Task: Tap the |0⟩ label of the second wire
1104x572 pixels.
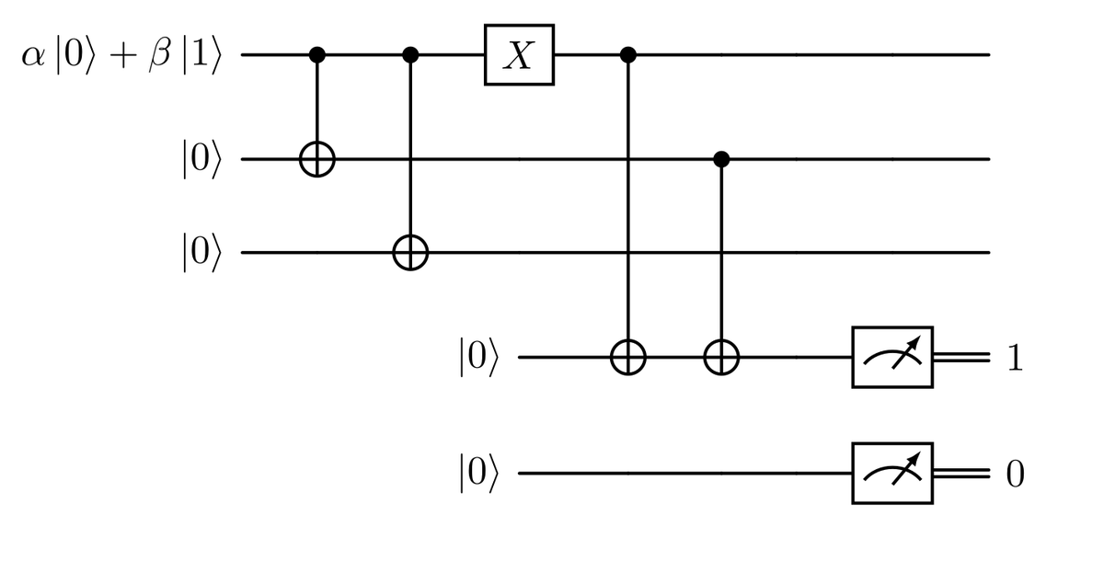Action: click(x=201, y=160)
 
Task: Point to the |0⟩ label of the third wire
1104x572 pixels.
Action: click(x=201, y=253)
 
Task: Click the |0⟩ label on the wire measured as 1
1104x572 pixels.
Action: click(x=477, y=357)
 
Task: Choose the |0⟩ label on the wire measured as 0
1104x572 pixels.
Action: click(x=477, y=475)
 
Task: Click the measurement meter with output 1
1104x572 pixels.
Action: click(x=892, y=357)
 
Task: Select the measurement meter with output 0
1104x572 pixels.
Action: click(x=892, y=475)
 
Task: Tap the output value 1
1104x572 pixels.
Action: click(x=1014, y=358)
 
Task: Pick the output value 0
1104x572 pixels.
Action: click(x=1014, y=475)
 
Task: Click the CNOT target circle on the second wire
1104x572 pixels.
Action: click(x=317, y=160)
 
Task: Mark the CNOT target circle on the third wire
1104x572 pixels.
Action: click(x=410, y=253)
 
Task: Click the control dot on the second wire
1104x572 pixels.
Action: click(x=721, y=160)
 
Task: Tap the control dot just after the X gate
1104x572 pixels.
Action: click(x=629, y=55)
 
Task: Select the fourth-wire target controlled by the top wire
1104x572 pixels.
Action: click(x=629, y=357)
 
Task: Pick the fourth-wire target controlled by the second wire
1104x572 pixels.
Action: click(x=721, y=357)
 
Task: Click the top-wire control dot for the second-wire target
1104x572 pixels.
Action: click(x=317, y=55)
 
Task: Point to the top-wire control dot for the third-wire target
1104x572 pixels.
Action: click(x=410, y=55)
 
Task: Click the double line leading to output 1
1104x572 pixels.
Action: click(x=961, y=357)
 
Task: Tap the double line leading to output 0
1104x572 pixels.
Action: click(x=961, y=475)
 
